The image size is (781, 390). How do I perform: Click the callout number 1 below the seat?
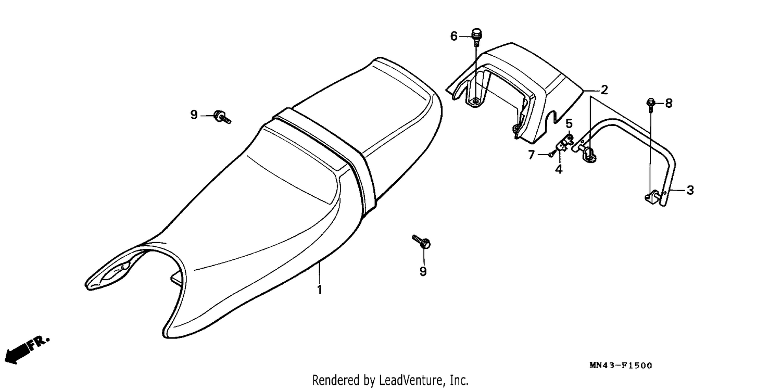pos(319,290)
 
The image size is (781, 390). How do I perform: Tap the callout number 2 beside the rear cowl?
pos(604,90)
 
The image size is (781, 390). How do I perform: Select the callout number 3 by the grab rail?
pos(690,190)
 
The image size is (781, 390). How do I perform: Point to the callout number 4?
pos(559,169)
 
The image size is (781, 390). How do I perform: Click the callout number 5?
pos(569,123)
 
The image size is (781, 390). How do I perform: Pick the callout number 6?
pos(454,36)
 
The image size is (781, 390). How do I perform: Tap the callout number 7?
pos(531,155)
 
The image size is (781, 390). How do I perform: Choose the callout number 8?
pos(669,103)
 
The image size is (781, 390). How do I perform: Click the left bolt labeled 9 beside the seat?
pos(222,117)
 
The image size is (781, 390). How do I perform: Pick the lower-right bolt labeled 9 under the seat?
pos(422,242)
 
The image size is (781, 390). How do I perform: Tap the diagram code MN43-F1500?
pos(621,365)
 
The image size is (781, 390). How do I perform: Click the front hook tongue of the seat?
pos(108,272)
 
